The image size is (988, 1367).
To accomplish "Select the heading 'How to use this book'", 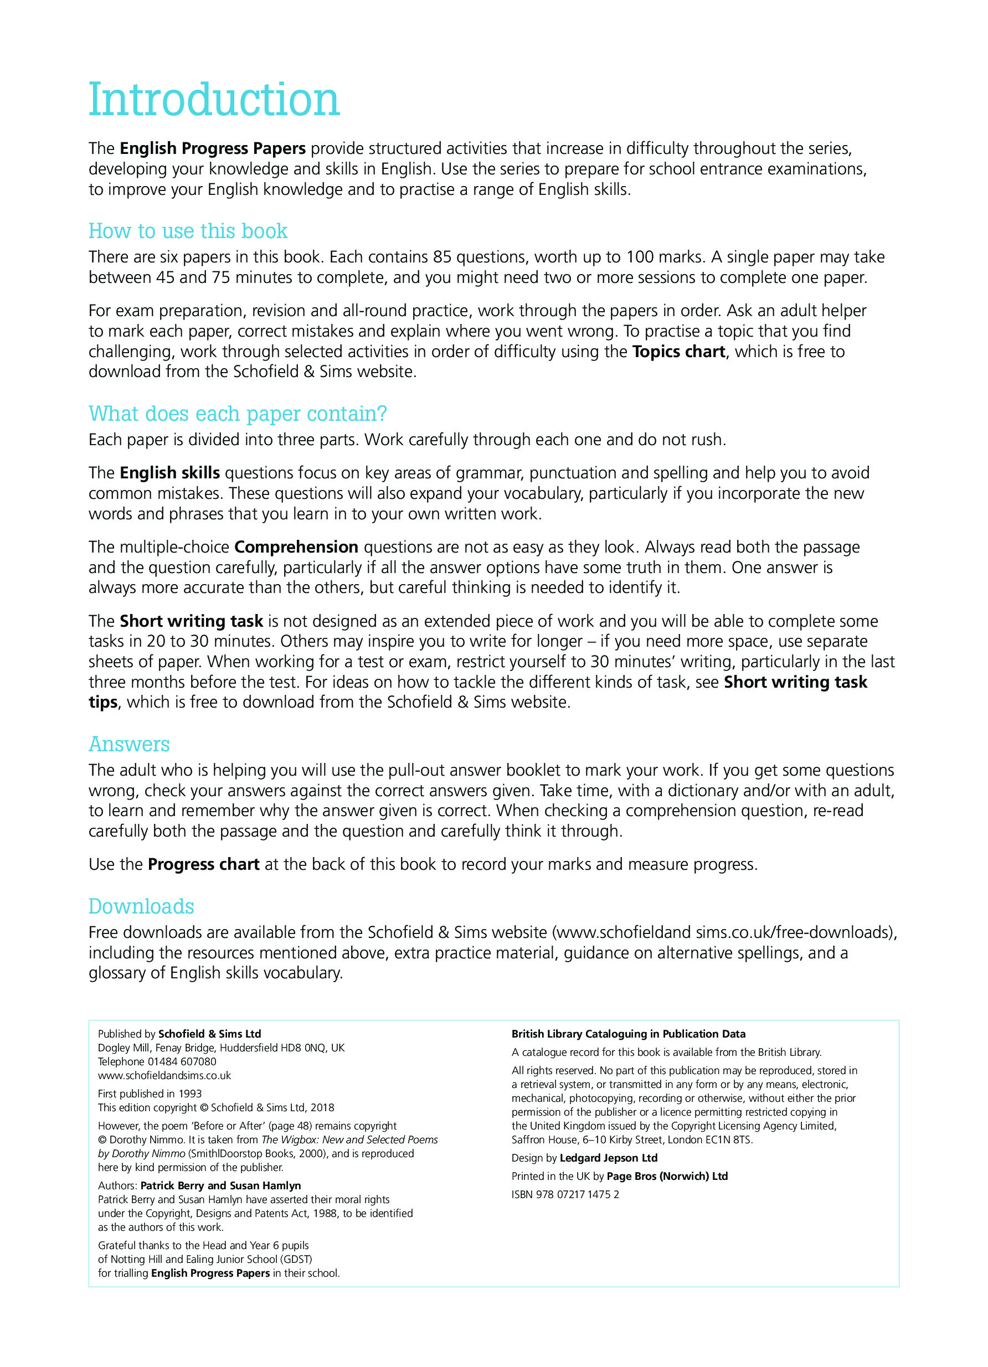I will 188,231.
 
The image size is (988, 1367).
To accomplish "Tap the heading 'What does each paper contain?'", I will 238,414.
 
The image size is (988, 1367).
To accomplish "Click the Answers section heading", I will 129,744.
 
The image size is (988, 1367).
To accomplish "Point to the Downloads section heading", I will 141,906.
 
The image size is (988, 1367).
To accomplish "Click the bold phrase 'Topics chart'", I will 678,352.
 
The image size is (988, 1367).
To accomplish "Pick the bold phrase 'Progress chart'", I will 203,864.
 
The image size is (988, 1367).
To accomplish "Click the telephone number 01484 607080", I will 182,1061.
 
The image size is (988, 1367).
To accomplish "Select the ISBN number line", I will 565,1194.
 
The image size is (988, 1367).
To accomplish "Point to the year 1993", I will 190,1093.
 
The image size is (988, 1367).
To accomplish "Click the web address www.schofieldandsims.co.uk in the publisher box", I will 164,1075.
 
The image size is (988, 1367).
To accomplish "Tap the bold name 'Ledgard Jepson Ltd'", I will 608,1157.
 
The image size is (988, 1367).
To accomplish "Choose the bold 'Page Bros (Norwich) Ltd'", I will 667,1176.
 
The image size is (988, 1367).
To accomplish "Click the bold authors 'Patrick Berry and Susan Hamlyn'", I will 220,1185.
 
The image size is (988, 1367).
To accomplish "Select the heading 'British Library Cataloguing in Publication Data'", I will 628,1034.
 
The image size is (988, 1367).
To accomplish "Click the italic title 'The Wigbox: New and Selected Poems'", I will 349,1139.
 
